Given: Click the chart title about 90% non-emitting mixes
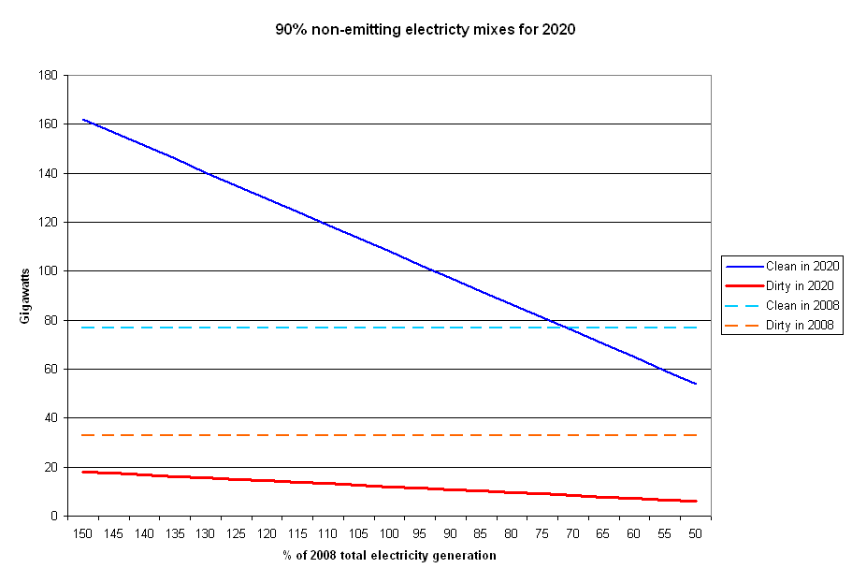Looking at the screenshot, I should click(x=426, y=30).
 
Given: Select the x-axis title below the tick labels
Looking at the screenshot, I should click(x=389, y=556).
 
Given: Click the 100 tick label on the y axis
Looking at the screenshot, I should click(x=47, y=271).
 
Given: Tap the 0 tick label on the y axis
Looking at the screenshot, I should click(x=54, y=517).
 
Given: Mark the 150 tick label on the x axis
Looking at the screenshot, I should click(x=82, y=533).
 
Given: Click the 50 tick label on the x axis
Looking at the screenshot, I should click(x=695, y=533).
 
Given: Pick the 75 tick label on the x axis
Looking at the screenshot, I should click(x=542, y=533).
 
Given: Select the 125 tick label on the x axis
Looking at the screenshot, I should click(x=236, y=533).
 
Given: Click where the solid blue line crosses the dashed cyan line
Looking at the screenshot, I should click(x=563, y=328).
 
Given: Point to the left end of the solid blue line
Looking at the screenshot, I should click(x=83, y=120).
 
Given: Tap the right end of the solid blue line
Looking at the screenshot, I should click(x=696, y=384).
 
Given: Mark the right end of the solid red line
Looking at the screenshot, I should click(x=696, y=501).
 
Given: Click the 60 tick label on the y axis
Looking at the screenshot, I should click(x=51, y=370).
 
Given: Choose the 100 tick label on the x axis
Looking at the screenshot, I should click(x=389, y=533).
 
